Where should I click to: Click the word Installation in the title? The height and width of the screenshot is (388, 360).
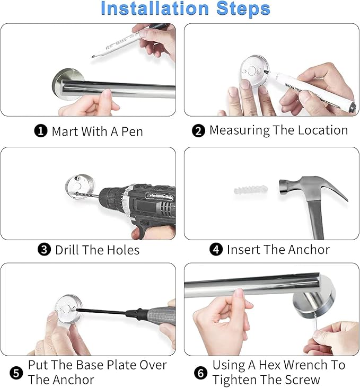[x=155, y=8]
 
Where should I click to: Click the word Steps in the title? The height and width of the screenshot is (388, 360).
[x=243, y=9]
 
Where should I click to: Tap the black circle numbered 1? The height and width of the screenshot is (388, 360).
[x=41, y=130]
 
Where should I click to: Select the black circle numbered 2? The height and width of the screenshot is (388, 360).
[x=198, y=130]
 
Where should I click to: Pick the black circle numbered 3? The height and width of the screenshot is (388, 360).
[x=44, y=250]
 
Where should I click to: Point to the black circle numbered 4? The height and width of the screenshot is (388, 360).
[x=216, y=250]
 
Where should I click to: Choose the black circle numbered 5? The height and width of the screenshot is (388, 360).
[x=16, y=373]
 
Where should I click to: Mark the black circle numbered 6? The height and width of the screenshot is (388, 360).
[x=200, y=373]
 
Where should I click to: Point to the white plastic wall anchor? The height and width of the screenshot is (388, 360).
[x=251, y=190]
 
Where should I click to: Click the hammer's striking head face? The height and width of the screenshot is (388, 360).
[x=282, y=187]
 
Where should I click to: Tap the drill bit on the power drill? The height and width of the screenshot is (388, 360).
[x=87, y=195]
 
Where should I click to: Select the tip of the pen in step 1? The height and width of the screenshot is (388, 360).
[x=93, y=57]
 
